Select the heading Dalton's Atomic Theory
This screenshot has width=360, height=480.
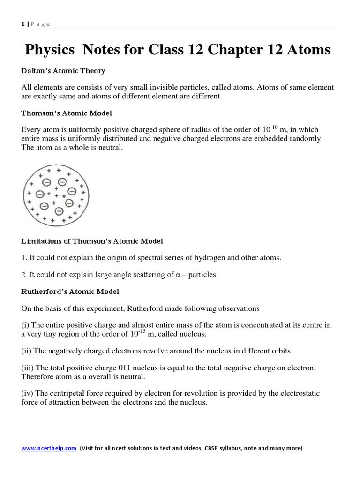click(63, 71)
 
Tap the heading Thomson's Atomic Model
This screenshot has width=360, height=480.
click(67, 113)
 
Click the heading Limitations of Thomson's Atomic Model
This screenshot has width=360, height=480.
click(92, 241)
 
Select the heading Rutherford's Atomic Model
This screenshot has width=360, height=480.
click(70, 292)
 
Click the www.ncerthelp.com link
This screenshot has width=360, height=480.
click(49, 448)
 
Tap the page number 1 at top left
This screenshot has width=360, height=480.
click(23, 24)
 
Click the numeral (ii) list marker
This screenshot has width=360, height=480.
click(27, 351)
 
